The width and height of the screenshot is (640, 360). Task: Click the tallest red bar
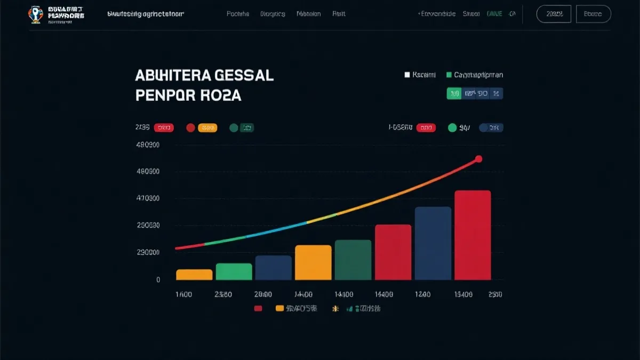pos(473,235)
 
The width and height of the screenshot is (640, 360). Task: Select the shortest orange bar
pos(194,275)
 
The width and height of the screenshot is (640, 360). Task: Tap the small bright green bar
pos(234,271)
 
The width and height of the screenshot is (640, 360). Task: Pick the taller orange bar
pos(313,262)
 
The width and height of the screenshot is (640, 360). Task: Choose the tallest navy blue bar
pos(433,243)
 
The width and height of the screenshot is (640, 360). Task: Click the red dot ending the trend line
pos(478,159)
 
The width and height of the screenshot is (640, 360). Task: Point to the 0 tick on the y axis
pos(158,279)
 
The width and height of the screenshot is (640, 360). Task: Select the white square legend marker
pos(407,75)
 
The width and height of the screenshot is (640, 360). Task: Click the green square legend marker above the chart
pos(449,75)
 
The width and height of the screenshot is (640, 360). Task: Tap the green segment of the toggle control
pos(454,94)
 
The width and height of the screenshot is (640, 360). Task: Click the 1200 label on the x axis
pos(423,294)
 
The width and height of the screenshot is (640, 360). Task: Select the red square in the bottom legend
pos(259,308)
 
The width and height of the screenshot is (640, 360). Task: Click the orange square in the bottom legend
pos(279,308)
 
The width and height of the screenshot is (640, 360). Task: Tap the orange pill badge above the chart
pos(207,127)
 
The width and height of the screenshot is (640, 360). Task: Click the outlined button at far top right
pos(593,14)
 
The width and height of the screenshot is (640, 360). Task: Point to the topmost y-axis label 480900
pos(148,145)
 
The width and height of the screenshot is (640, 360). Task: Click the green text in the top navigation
pos(494,14)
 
